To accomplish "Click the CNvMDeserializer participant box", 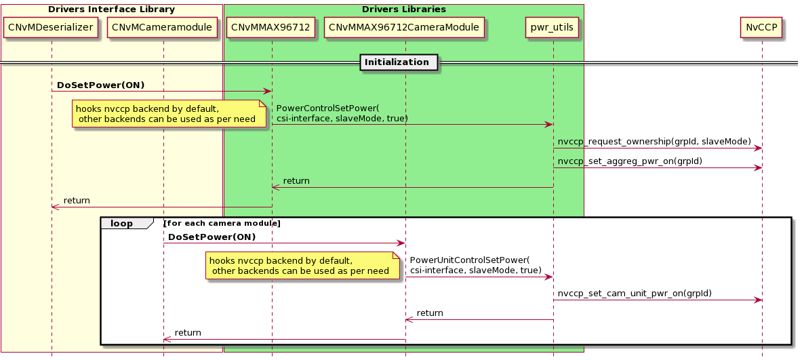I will tap(52, 28).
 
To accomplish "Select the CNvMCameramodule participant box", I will tap(163, 28).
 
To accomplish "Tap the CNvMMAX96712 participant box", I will tap(271, 28).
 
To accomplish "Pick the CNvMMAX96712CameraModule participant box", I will tap(405, 28).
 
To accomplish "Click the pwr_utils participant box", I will tap(553, 28).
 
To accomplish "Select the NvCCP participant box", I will tap(762, 28).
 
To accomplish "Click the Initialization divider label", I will tap(397, 62).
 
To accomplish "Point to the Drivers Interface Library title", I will tap(111, 9).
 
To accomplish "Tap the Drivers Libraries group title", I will tap(403, 9).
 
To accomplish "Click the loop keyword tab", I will tap(122, 223).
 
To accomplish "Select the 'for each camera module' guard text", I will tap(222, 223).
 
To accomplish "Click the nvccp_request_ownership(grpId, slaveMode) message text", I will tap(654, 141).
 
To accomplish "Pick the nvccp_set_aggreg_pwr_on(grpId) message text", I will tap(629, 161).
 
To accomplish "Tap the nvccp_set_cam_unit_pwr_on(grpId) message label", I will tap(634, 294).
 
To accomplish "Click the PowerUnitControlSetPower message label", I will tap(469, 265).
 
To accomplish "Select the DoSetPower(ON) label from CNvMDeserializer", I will tap(100, 85).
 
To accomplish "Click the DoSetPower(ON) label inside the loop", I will tap(212, 237).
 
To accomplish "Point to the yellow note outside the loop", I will tap(169, 114).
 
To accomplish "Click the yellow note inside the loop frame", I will tap(302, 266).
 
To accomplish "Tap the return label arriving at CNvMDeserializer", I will tap(77, 201).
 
